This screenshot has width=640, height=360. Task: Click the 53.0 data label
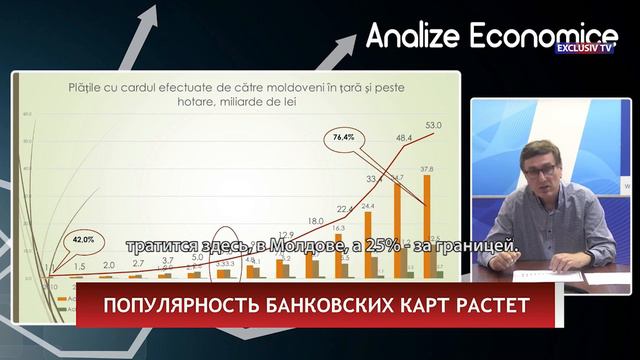pyautogui.click(x=433, y=125)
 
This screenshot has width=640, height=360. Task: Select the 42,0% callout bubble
pyautogui.click(x=84, y=240)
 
